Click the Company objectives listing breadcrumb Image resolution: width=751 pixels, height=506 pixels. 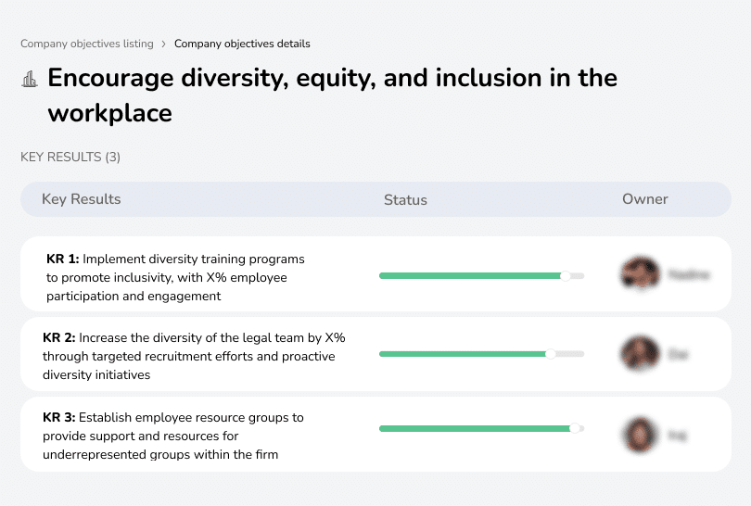point(87,44)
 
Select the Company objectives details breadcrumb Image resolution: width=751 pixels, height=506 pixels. point(242,44)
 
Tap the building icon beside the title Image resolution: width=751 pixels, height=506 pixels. point(30,79)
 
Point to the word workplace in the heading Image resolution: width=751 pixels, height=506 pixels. point(109,113)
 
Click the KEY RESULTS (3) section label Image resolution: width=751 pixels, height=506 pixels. point(70,157)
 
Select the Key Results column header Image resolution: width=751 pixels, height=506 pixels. point(81,199)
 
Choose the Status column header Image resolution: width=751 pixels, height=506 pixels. point(405,199)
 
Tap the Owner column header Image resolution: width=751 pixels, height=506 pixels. point(644,199)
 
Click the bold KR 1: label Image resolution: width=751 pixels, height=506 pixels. point(63,259)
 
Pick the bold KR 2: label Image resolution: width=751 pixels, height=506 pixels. point(59,338)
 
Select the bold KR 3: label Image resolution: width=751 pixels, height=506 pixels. point(59,418)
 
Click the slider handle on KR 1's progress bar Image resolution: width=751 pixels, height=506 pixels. point(566,275)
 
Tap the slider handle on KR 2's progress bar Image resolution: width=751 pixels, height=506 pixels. point(551,353)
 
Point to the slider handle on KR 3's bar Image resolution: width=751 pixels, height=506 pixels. point(575,428)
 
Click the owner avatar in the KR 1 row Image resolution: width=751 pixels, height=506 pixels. point(640,274)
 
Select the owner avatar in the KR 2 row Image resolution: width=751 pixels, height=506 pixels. point(640,353)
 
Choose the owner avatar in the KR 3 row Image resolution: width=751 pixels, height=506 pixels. point(640,434)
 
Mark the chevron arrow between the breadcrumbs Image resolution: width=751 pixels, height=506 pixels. point(164,44)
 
